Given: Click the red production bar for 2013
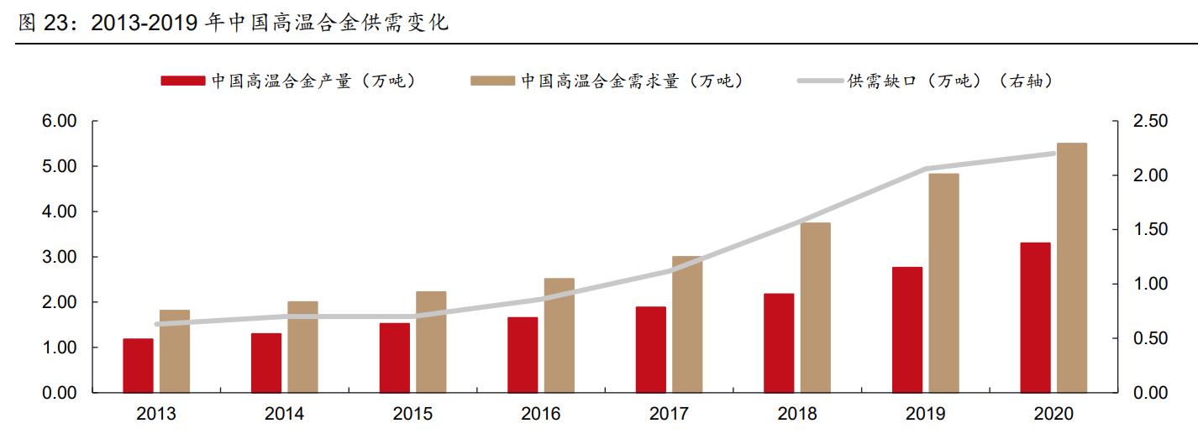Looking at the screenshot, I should (x=138, y=365).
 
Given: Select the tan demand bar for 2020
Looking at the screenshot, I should (x=1071, y=268).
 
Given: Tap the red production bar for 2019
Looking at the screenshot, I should (x=907, y=330).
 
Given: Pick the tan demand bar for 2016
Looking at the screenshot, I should (x=559, y=335).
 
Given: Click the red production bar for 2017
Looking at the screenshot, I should (x=650, y=349).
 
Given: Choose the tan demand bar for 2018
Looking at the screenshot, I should (x=815, y=307).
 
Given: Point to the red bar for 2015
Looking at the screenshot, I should (x=394, y=358).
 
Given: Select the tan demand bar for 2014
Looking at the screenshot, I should (x=302, y=347).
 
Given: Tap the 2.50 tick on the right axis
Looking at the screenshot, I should (x=1150, y=122).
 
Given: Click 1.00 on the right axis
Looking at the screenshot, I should (x=1150, y=284).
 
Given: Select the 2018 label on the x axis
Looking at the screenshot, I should (x=796, y=414).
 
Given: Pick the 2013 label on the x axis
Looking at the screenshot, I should (x=156, y=414).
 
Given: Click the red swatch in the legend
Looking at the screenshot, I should (x=182, y=81).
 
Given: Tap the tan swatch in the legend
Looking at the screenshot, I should (x=492, y=81).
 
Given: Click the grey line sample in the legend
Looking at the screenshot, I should (x=819, y=81).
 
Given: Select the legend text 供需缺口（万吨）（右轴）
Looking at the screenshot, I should (x=949, y=81).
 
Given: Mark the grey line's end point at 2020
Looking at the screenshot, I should (x=1054, y=154).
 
